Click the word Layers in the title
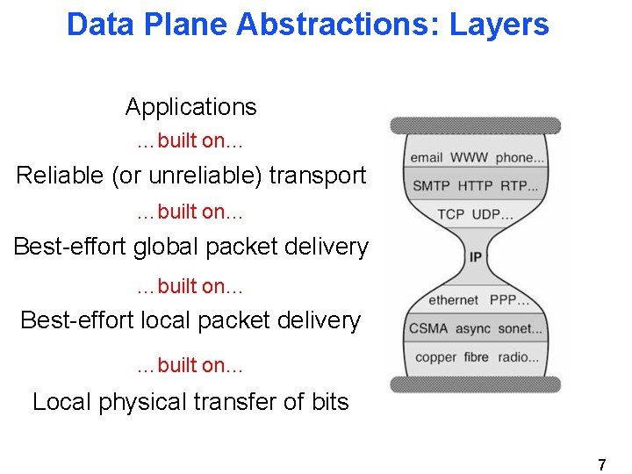pyautogui.click(x=499, y=25)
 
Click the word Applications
pyautogui.click(x=190, y=107)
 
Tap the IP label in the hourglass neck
pyautogui.click(x=475, y=256)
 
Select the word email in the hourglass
pyautogui.click(x=426, y=158)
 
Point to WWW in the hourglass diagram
pyautogui.click(x=469, y=158)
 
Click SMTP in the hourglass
pyautogui.click(x=431, y=186)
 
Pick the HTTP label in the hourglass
pyautogui.click(x=475, y=186)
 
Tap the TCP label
pyautogui.click(x=450, y=214)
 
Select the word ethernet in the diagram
pyautogui.click(x=453, y=300)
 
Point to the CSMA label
pyautogui.click(x=427, y=328)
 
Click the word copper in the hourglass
pyautogui.click(x=435, y=357)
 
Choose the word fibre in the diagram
pyautogui.click(x=477, y=357)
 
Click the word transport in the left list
pyautogui.click(x=318, y=176)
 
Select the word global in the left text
pyautogui.click(x=167, y=247)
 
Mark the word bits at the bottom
pyautogui.click(x=329, y=402)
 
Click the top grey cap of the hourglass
pyautogui.click(x=475, y=126)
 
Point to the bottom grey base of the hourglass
pyautogui.click(x=475, y=384)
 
